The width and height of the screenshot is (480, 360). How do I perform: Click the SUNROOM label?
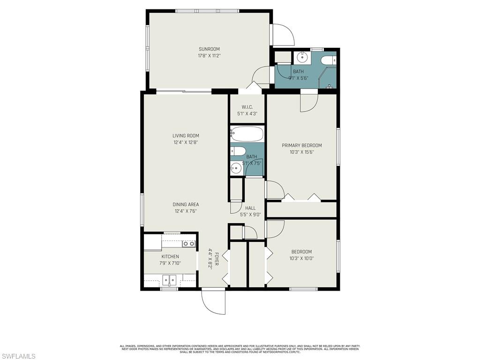click(209, 49)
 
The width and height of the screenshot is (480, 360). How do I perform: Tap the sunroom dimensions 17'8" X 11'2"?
click(209, 56)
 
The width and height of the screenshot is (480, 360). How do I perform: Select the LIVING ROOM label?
click(186, 136)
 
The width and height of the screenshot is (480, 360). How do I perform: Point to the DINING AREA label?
click(186, 204)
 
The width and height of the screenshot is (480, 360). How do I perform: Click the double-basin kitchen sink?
click(170, 280)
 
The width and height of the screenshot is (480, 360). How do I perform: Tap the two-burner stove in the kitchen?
click(189, 244)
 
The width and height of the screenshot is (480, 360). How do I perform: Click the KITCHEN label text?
click(170, 256)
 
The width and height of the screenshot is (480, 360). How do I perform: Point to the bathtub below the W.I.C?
click(247, 134)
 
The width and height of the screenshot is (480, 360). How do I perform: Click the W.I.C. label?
click(247, 107)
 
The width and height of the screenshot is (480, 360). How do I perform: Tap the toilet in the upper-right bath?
click(330, 60)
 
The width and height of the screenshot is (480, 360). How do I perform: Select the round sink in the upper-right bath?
click(301, 58)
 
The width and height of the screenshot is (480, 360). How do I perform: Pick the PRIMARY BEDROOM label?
click(302, 145)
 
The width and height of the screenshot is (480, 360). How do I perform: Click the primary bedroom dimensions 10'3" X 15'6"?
click(302, 152)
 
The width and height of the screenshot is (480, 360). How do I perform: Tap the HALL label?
click(250, 208)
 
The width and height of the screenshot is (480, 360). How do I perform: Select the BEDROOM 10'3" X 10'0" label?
click(301, 255)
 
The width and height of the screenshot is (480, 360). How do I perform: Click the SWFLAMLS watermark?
click(18, 356)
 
